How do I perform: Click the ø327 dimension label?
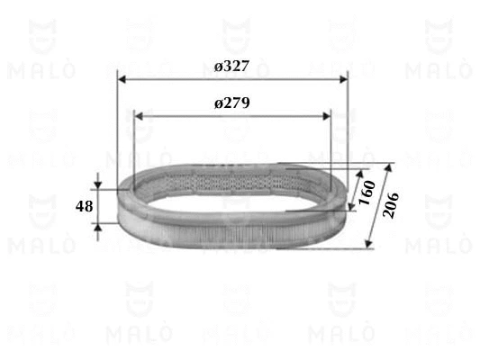pos(231,66)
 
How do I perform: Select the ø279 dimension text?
pos(231,103)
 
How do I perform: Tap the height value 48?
pos(84,206)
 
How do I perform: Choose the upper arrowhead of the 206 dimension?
pos(390,168)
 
